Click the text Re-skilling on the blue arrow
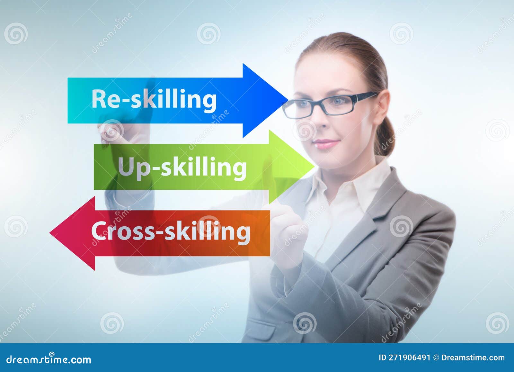[154, 99]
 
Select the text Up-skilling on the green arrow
[182, 167]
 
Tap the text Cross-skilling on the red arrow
[171, 231]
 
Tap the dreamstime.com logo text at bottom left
[49, 359]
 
